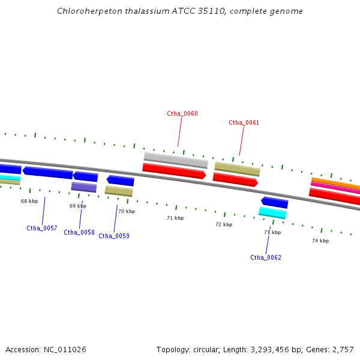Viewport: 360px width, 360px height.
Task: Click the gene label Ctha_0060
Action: [182, 113]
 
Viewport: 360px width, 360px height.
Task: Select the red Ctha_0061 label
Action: [244, 122]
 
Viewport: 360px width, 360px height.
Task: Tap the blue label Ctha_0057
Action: [42, 228]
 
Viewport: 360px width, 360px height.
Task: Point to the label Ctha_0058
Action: [79, 232]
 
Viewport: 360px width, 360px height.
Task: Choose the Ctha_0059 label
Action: [114, 236]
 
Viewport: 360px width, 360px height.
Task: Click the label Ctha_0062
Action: [266, 257]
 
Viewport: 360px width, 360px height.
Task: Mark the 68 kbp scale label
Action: [29, 201]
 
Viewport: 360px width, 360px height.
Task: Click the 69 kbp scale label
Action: [78, 206]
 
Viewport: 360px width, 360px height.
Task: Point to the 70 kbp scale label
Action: [127, 211]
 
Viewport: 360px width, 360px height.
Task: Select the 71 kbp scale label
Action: [175, 218]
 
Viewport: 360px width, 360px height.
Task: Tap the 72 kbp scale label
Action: [224, 224]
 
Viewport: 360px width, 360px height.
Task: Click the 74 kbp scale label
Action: [320, 241]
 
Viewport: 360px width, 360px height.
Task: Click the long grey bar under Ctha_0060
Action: [176, 160]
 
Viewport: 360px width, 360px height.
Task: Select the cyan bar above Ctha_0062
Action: [272, 212]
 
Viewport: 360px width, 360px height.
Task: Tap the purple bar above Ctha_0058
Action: [84, 187]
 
